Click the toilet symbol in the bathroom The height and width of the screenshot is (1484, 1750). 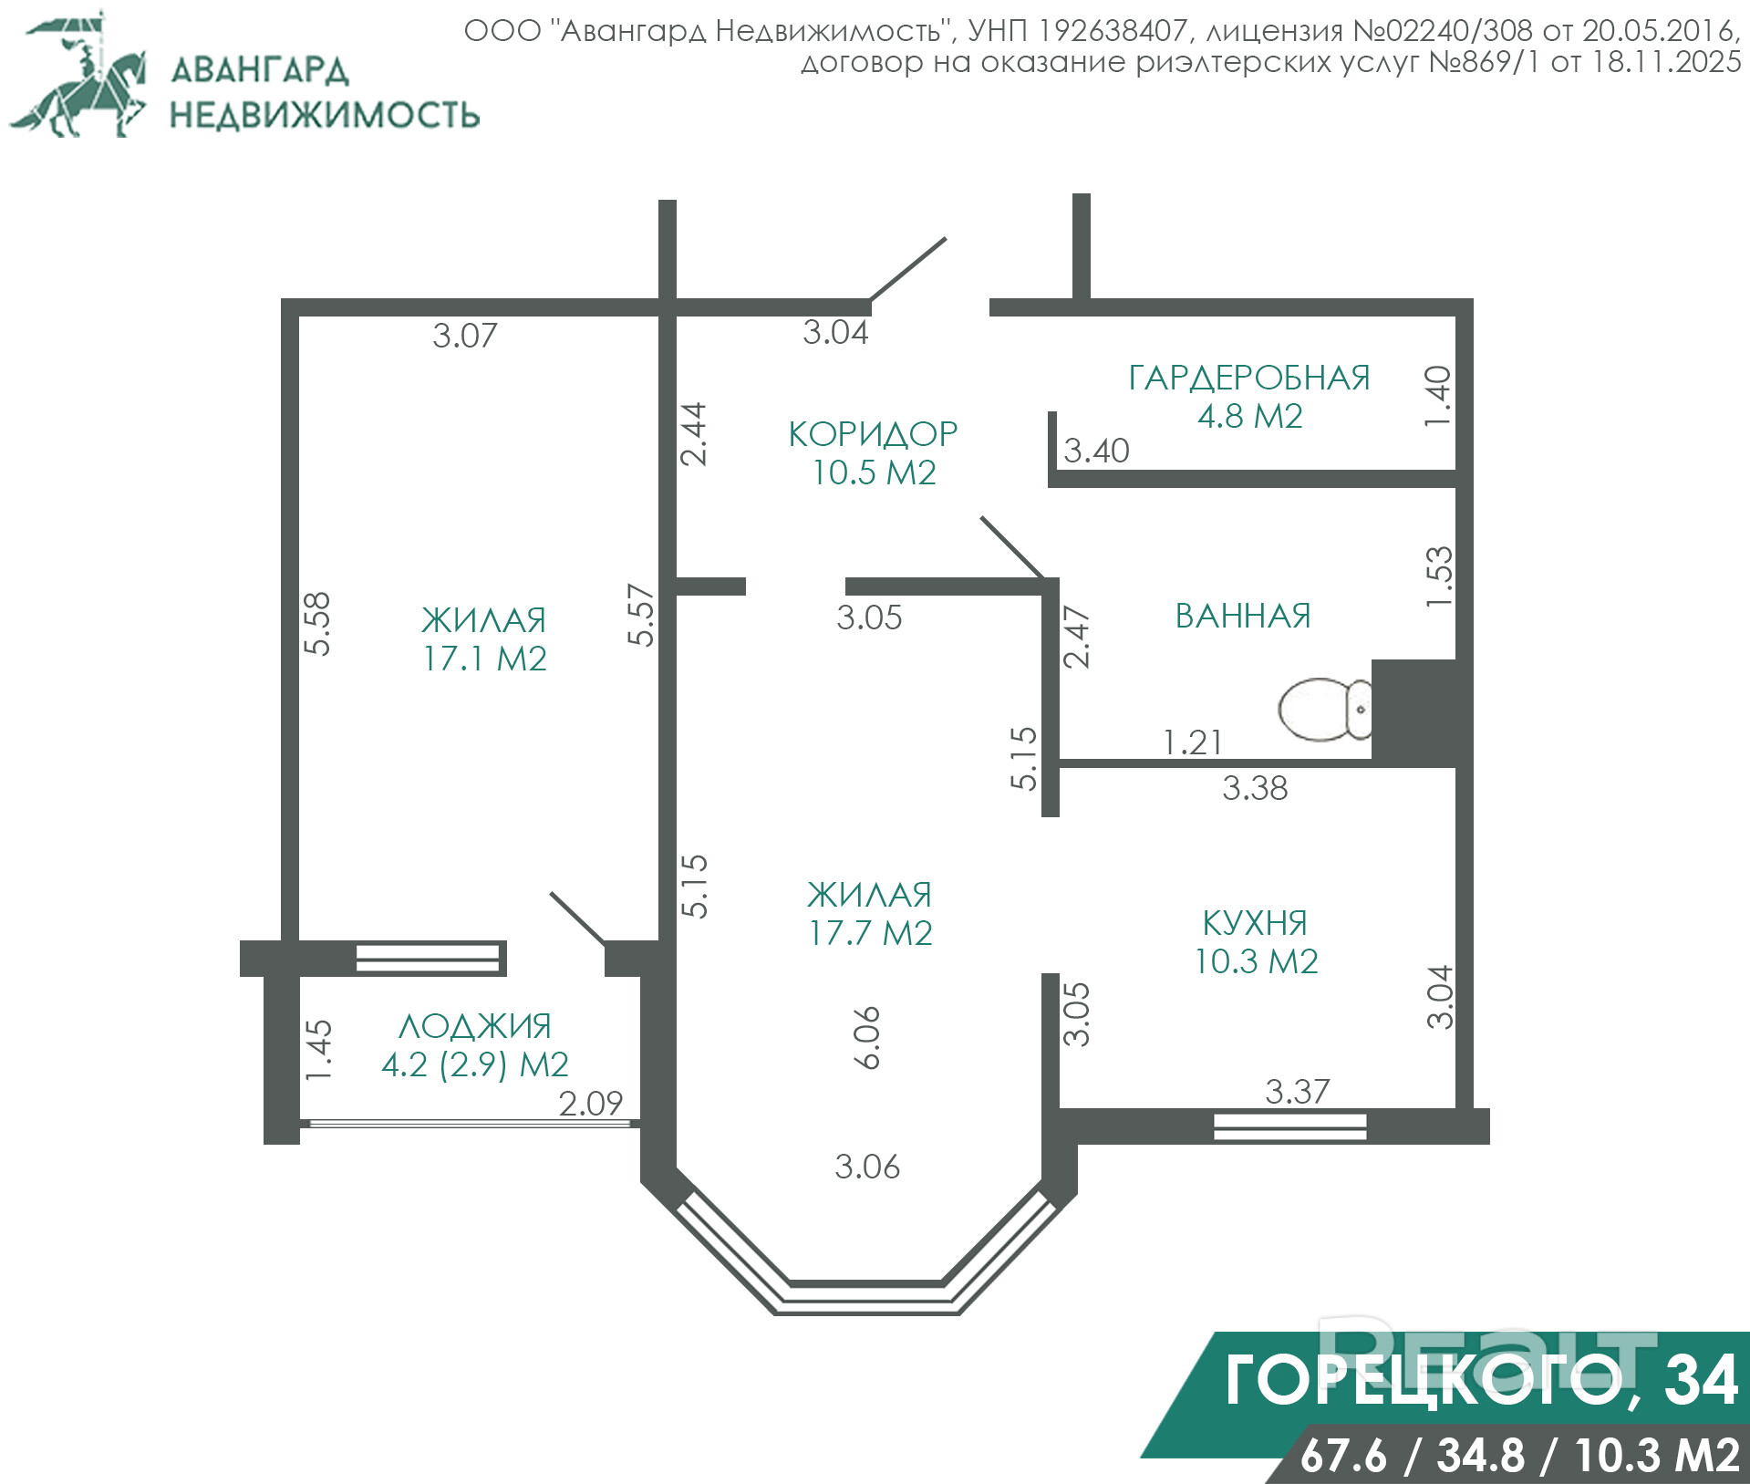1325,709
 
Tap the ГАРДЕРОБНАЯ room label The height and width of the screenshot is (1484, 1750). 1249,378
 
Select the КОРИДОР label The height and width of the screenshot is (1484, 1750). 873,434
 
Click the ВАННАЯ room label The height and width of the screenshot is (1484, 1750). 1243,616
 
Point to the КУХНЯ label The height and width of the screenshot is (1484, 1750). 1255,923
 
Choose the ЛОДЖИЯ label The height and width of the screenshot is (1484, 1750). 475,1027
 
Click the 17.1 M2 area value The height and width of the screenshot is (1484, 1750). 484,659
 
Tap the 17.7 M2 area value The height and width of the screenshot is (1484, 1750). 871,933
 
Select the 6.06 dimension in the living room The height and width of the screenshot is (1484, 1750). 867,1037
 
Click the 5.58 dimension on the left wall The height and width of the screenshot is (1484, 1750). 316,624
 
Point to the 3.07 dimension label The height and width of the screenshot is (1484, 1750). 465,336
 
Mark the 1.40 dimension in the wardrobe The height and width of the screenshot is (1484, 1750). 1437,396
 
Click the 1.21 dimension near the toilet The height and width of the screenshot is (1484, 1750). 1193,742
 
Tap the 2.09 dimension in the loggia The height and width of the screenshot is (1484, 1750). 591,1104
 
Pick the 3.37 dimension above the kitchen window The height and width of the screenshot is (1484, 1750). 1298,1091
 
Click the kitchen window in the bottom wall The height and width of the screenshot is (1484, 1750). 1290,1126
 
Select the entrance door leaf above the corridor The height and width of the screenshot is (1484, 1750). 907,269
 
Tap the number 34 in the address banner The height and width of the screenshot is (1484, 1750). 1701,1380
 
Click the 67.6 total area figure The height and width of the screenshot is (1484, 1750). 1343,1456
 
